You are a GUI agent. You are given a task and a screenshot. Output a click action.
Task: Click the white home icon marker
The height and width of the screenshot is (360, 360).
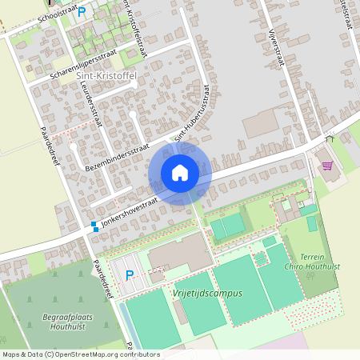(x=180, y=173)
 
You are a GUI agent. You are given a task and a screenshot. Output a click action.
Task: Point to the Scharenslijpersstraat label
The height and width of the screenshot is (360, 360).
(x=83, y=63)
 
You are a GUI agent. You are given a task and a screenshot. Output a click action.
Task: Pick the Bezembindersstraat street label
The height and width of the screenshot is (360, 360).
(x=118, y=158)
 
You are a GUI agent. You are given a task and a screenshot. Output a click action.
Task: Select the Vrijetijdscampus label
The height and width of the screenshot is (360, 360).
(x=207, y=293)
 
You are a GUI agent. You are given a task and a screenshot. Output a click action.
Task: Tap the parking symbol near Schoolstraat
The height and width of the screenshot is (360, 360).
(x=81, y=12)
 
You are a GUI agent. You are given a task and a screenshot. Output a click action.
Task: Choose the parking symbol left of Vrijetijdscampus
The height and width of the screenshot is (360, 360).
(x=130, y=275)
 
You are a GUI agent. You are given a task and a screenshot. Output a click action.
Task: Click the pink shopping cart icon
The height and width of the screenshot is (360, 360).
(x=326, y=166)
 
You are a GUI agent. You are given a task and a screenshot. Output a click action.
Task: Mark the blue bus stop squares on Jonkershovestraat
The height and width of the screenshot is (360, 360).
(x=94, y=226)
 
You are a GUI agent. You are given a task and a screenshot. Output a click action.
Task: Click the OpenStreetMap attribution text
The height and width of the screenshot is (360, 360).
(x=80, y=354)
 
